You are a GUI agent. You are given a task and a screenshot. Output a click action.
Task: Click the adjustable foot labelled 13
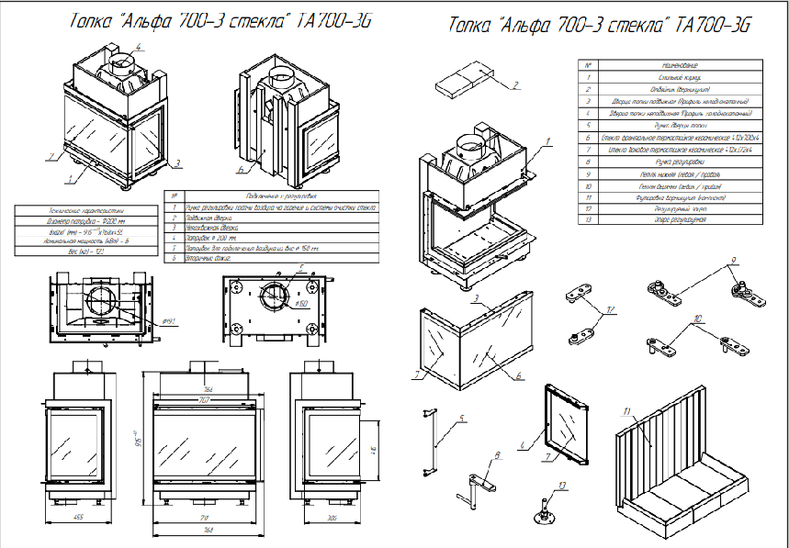(545, 507)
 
